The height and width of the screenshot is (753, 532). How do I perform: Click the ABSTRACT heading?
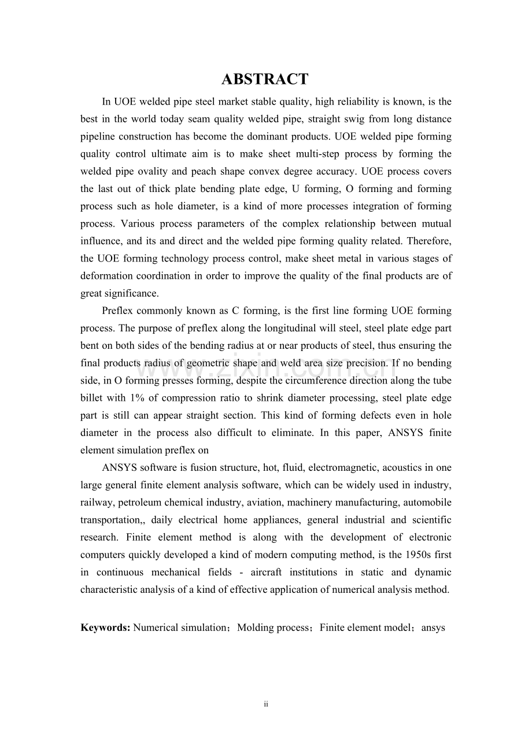(x=265, y=79)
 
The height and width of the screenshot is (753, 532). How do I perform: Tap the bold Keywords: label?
(x=106, y=627)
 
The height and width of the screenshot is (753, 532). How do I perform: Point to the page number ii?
(x=266, y=704)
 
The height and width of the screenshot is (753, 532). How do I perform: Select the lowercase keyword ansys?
(x=433, y=627)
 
